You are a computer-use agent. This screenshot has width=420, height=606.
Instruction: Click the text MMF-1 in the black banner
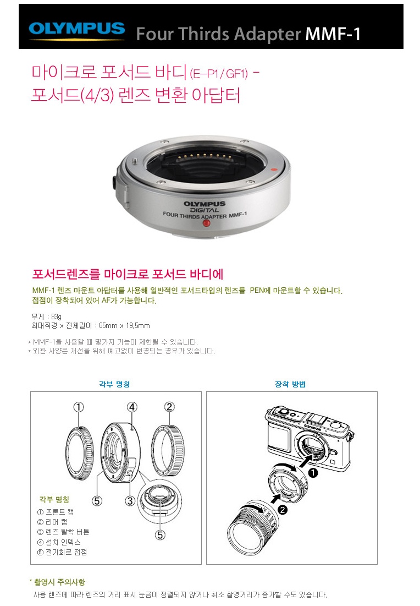333,34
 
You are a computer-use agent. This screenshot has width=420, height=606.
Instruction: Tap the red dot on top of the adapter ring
274,169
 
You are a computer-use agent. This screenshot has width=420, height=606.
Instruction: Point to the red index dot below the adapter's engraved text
207,223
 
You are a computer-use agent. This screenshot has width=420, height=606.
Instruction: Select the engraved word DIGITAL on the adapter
204,210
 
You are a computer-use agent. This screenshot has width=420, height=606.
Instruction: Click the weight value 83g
57,316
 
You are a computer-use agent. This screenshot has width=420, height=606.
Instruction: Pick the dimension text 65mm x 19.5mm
124,325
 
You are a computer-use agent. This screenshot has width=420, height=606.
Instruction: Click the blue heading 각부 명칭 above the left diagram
114,384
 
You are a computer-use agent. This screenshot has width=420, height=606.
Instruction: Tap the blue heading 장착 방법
290,384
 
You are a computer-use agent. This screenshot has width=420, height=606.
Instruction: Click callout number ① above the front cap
79,407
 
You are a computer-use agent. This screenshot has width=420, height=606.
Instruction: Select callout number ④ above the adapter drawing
132,407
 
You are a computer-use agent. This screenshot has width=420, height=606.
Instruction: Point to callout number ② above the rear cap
169,407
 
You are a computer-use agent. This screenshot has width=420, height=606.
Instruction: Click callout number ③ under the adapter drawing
130,501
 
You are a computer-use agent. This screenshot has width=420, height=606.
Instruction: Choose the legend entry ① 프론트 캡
55,512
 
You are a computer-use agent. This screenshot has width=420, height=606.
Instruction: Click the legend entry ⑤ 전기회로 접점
62,552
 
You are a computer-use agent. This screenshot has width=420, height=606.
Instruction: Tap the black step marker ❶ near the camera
313,472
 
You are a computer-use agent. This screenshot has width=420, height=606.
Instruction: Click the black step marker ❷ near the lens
283,510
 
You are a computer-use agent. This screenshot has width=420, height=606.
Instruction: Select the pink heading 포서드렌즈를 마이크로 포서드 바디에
128,274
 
